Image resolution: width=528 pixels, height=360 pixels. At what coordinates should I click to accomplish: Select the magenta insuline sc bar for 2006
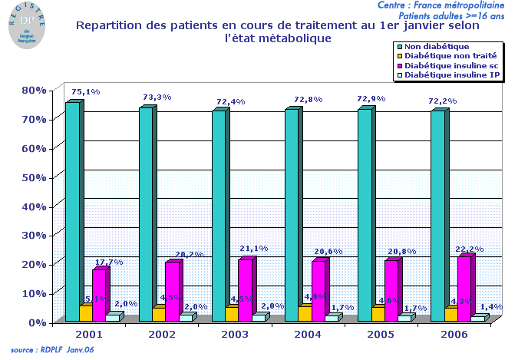tap(464, 289)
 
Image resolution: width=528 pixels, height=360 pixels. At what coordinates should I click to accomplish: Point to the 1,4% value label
tap(491, 306)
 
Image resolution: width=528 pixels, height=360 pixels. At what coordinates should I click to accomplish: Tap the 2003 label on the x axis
tap(235, 335)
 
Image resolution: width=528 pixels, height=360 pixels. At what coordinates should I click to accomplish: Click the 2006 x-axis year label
tap(454, 335)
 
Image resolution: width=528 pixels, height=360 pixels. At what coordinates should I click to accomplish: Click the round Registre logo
tap(28, 25)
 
